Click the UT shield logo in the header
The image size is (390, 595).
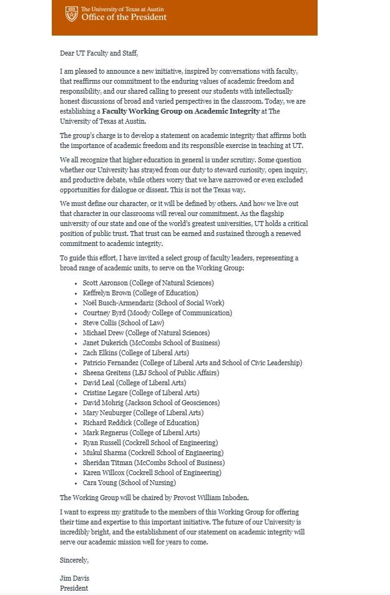tap(72, 13)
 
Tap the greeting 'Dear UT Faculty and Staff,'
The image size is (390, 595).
tap(99, 53)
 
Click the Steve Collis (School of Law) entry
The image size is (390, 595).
tap(123, 323)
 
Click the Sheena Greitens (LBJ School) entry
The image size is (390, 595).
tap(150, 373)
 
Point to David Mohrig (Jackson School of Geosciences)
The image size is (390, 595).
tap(151, 403)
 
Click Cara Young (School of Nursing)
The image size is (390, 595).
tap(129, 483)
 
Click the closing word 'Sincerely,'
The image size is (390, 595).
tap(74, 560)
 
